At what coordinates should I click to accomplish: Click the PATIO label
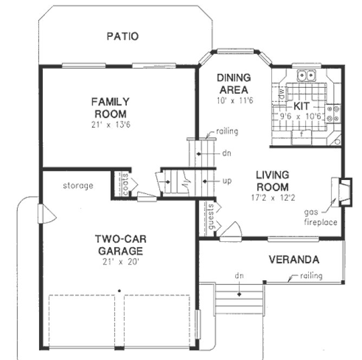122,37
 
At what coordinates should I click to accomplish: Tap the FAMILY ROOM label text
110,107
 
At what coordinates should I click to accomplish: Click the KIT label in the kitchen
301,105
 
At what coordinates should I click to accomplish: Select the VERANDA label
294,260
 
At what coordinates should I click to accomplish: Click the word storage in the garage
77,185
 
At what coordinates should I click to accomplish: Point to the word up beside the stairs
227,181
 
